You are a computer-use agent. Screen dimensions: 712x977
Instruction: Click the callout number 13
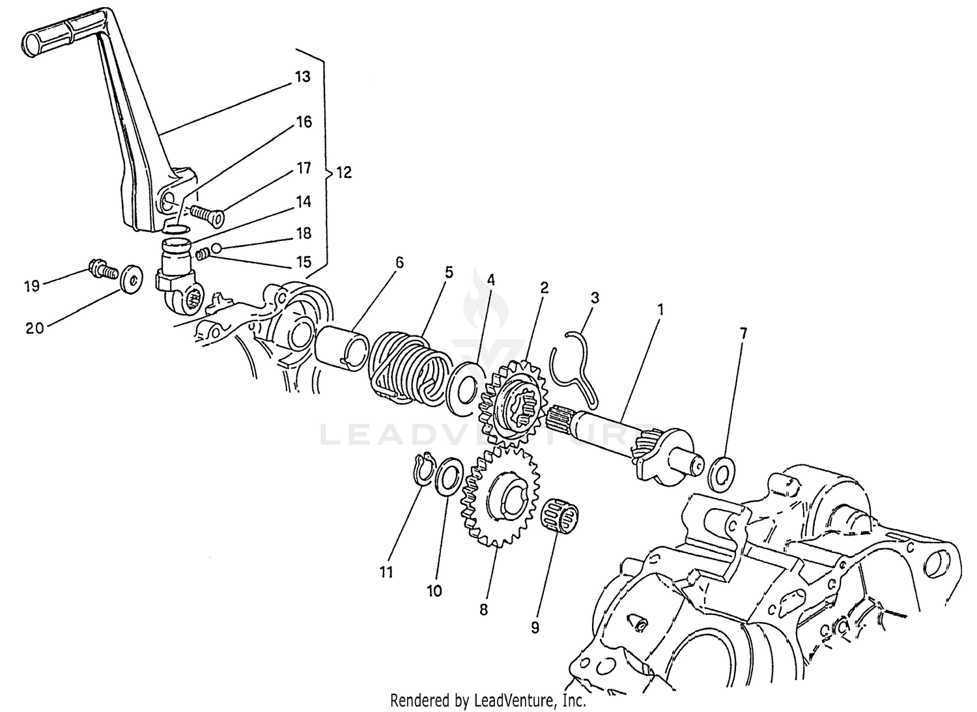[302, 77]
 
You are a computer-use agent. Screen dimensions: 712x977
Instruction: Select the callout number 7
[743, 334]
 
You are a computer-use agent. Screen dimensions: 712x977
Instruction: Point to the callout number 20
[35, 329]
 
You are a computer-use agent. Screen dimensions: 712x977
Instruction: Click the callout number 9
[535, 627]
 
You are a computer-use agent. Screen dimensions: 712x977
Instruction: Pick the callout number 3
[594, 298]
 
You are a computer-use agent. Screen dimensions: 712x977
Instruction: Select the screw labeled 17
[207, 212]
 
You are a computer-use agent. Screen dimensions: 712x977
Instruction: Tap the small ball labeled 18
[216, 248]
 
